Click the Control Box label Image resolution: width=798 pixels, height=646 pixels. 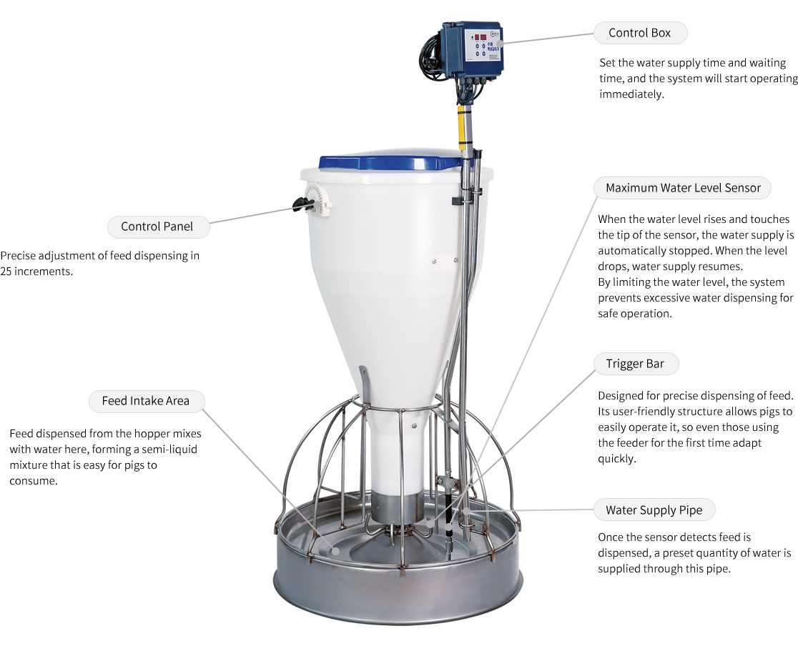pos(640,33)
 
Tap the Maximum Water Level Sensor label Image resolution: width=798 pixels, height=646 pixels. pos(682,188)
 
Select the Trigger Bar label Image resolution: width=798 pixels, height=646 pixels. pos(635,364)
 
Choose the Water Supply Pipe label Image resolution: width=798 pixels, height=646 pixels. pos(654,510)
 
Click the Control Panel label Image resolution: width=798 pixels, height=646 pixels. pos(157,227)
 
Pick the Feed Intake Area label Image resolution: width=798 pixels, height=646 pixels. pos(146,401)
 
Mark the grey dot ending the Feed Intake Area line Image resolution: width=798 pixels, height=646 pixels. pos(336,550)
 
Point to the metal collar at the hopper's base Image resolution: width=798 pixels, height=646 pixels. pos(396,507)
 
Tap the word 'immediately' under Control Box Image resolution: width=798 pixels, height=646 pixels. pos(631,94)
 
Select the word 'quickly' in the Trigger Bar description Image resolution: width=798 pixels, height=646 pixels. pos(616,459)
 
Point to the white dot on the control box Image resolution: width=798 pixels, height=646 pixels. pos(500,44)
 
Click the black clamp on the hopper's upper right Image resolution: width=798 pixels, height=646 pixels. pos(458,202)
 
